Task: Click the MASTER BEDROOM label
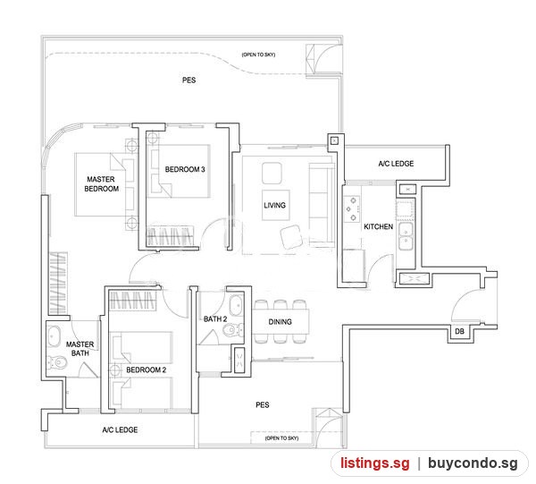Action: tap(101, 183)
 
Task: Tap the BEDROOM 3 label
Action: tap(185, 169)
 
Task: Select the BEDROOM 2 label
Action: tap(146, 370)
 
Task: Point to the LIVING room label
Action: tap(275, 206)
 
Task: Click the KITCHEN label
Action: tap(379, 226)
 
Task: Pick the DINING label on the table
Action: tap(280, 322)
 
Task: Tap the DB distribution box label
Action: tap(460, 331)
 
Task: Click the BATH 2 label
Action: tap(215, 319)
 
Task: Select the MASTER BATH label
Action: tap(80, 348)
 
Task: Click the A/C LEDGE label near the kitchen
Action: tap(396, 164)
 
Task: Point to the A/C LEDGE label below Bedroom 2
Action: tap(120, 430)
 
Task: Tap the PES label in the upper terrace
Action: tap(189, 81)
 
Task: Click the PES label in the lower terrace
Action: tap(263, 405)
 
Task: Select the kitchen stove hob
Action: tap(352, 208)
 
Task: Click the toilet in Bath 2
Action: tap(233, 330)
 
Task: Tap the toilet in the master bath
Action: tap(57, 361)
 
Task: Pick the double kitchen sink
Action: tap(406, 236)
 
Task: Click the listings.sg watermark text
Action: tap(375, 463)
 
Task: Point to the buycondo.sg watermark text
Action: tap(473, 463)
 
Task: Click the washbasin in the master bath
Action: tap(54, 336)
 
